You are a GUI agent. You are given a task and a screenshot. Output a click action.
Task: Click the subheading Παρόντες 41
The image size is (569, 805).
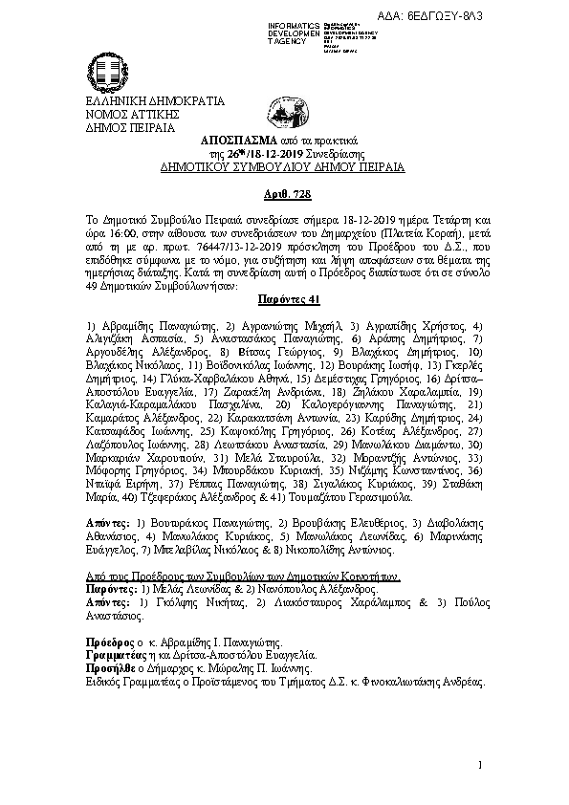pyautogui.click(x=283, y=299)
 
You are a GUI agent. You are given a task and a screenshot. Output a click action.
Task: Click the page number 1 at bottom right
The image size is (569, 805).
pyautogui.click(x=480, y=765)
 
